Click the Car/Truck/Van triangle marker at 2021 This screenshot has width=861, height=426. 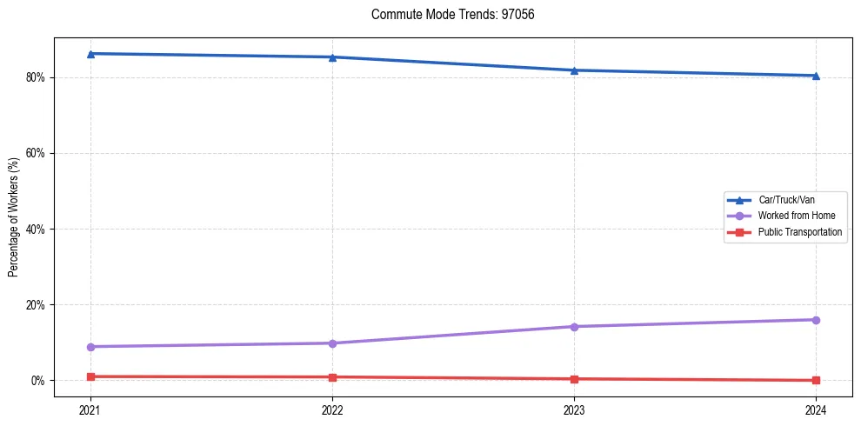pyautogui.click(x=90, y=54)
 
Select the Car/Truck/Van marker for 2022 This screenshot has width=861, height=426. pyautogui.click(x=332, y=57)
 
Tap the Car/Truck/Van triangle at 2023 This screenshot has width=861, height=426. pyautogui.click(x=574, y=70)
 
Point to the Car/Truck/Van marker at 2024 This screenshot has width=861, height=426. pyautogui.click(x=816, y=76)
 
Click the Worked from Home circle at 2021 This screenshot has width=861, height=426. pyautogui.click(x=90, y=347)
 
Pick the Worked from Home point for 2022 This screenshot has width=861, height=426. pyautogui.click(x=332, y=343)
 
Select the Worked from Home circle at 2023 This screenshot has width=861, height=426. pyautogui.click(x=574, y=327)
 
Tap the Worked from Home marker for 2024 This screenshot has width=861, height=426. pyautogui.click(x=816, y=320)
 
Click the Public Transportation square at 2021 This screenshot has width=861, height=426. pyautogui.click(x=90, y=376)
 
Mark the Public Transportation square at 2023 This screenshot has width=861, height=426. pyautogui.click(x=574, y=379)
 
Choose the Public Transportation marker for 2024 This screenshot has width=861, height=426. pyautogui.click(x=816, y=380)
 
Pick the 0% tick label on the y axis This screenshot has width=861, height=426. pyautogui.click(x=37, y=381)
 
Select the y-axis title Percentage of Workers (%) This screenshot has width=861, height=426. pyautogui.click(x=14, y=217)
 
